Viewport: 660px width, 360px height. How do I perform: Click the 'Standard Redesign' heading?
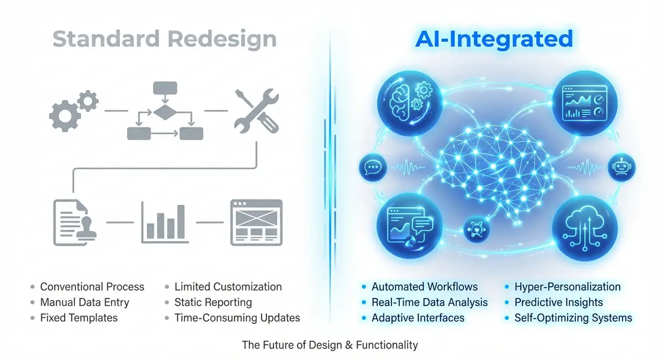(164, 40)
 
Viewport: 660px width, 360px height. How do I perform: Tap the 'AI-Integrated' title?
(494, 40)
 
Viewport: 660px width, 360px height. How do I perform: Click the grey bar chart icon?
(164, 222)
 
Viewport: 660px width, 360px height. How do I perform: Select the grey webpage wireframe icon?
(255, 222)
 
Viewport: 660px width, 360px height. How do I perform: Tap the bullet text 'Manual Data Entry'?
(84, 302)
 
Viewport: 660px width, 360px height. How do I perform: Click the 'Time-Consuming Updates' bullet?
(237, 318)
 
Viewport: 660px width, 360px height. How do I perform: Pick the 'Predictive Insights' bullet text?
(558, 302)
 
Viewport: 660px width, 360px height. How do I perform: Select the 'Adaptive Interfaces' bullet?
(417, 318)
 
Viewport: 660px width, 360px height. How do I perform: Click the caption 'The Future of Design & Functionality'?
(329, 345)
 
